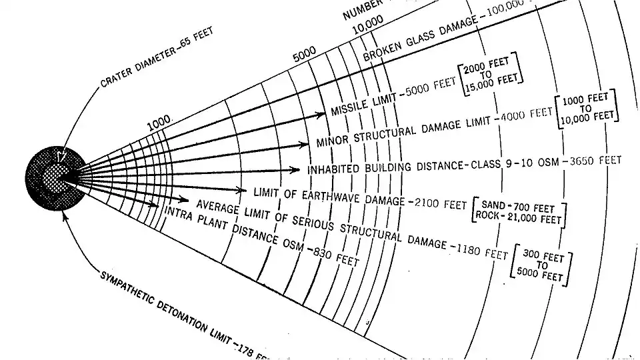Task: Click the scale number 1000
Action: point(159,123)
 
